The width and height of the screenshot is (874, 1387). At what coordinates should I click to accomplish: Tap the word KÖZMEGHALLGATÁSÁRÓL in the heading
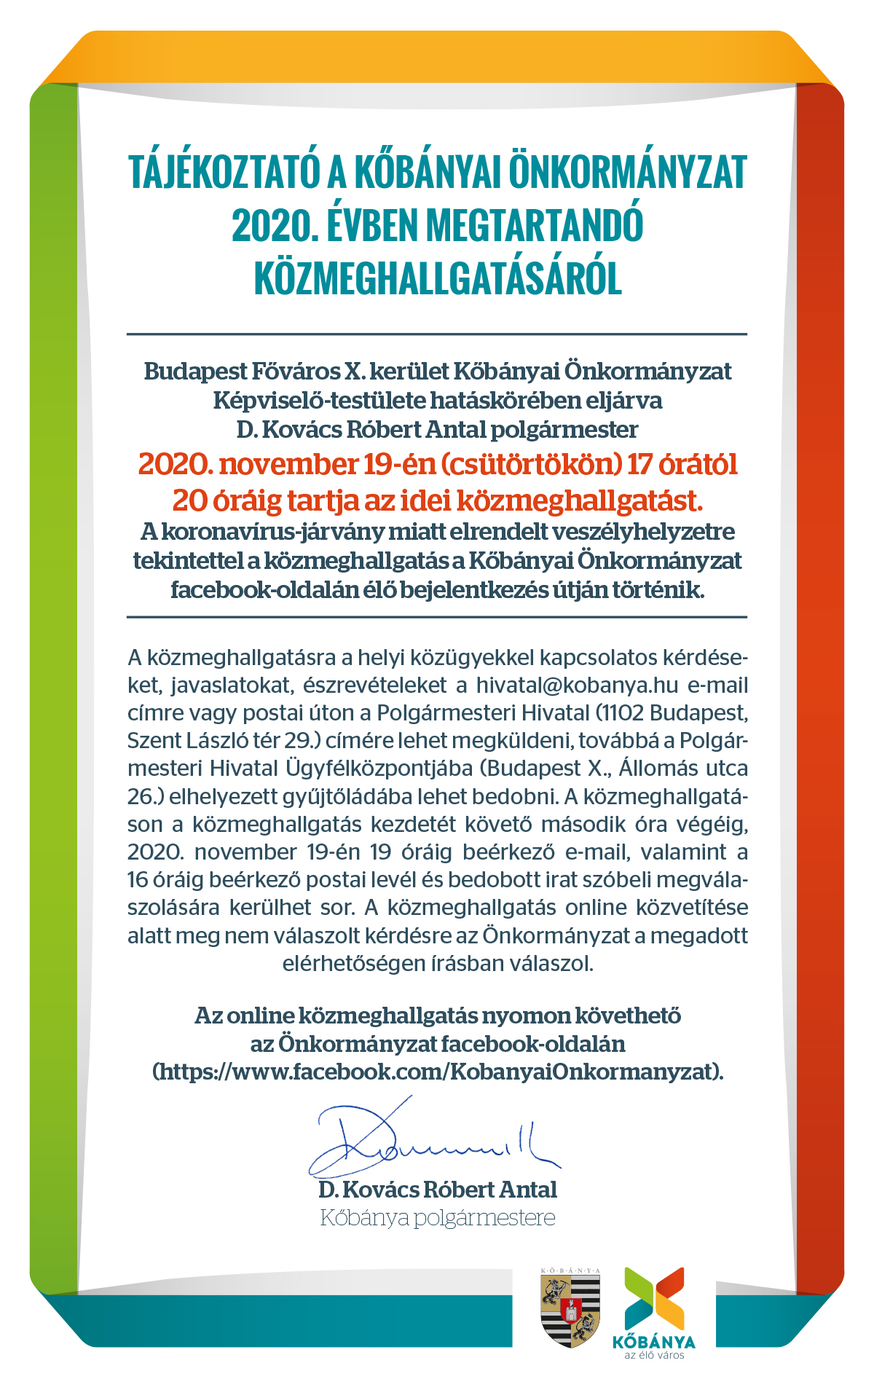[438, 279]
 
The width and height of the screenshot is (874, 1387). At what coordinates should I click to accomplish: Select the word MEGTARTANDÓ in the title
[535, 226]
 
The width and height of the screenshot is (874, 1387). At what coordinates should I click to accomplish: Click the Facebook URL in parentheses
[438, 1072]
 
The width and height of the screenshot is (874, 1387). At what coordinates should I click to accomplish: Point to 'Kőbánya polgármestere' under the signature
[438, 1218]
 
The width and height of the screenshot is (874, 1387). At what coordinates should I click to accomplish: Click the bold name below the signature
[438, 1190]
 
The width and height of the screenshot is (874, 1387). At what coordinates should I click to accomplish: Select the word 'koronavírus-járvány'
[272, 531]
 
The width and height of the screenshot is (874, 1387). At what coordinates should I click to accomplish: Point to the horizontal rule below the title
[437, 334]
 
